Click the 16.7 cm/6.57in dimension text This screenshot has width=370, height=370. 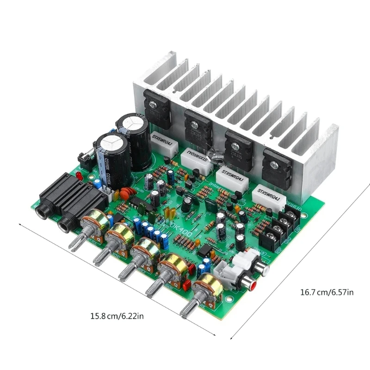pos(327,292)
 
